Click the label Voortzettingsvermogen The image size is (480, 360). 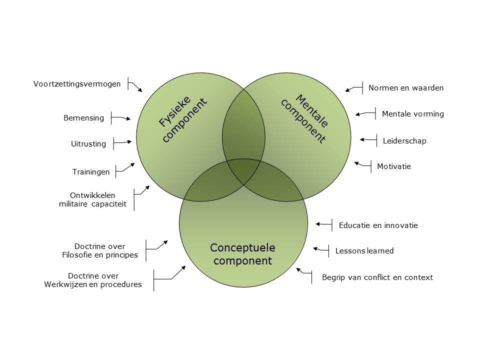click(77, 84)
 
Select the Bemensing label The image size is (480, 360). click(83, 118)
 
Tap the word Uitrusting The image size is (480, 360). click(88, 144)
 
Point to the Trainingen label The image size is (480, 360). click(90, 171)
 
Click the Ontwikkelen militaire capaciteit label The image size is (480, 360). click(92, 199)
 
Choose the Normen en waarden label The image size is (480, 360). click(406, 88)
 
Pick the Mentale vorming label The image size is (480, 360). click(412, 114)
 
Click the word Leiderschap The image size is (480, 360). click(404, 141)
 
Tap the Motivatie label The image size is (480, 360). click(394, 166)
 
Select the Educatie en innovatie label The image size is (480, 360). click(378, 225)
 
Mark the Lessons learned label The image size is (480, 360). click(364, 251)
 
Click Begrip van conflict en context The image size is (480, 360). click(377, 277)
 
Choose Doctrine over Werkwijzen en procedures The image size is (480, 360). click(93, 280)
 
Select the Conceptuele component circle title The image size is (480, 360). click(242, 254)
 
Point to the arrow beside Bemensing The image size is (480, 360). click(121, 118)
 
